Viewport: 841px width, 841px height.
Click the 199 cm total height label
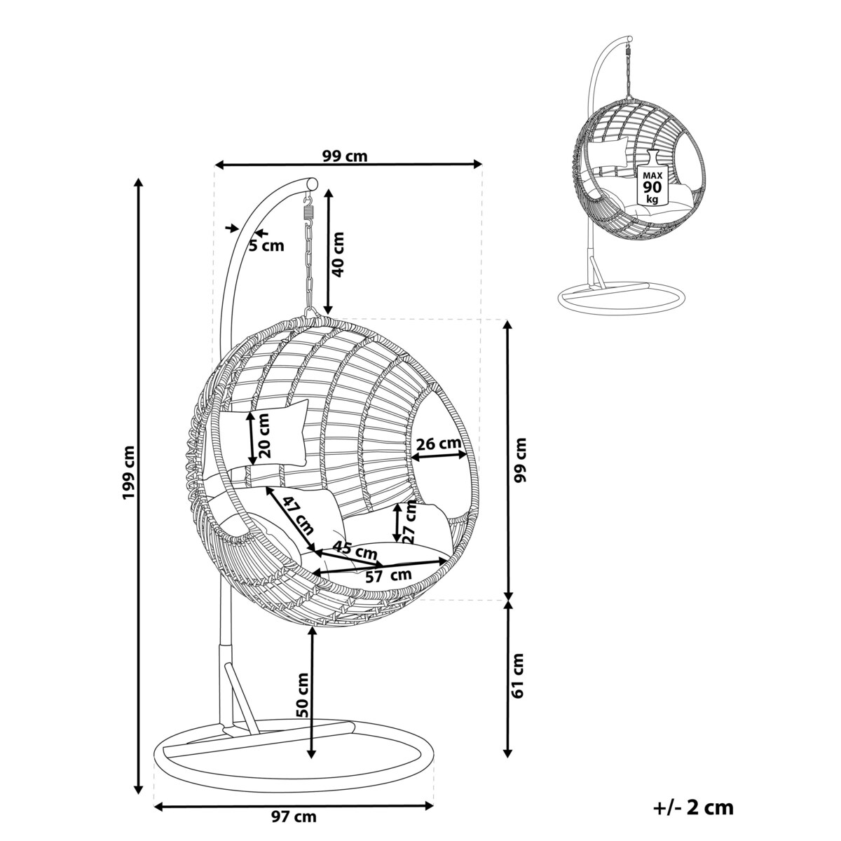click(x=128, y=474)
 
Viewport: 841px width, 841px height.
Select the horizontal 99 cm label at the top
click(x=345, y=156)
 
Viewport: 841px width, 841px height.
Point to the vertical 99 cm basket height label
click(x=519, y=460)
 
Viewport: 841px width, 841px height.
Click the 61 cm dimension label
click(x=518, y=676)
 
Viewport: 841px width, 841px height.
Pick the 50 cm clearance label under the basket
click(x=302, y=695)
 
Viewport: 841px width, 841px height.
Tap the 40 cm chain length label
click(x=339, y=254)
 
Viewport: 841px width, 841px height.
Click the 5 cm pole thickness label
click(x=267, y=245)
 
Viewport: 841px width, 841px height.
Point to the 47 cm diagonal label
click(x=299, y=514)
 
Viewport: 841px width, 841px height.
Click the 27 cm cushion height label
click(x=411, y=522)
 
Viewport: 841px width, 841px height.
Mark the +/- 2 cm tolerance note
click(x=693, y=807)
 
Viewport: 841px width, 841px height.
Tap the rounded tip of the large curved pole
click(x=311, y=183)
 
